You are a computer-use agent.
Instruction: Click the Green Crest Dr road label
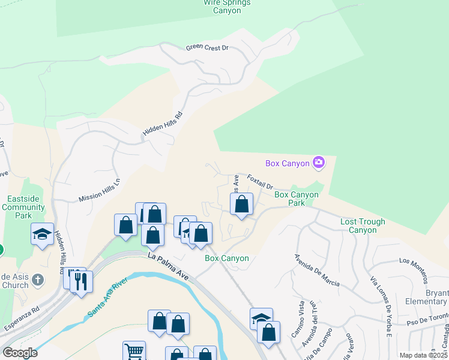tap(207, 47)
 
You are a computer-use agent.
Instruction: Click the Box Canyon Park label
tap(298, 199)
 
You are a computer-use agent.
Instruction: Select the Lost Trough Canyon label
tap(363, 226)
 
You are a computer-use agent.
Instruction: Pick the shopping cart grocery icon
tap(134, 352)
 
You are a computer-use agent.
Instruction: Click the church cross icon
tap(37, 280)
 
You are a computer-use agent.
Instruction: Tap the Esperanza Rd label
tap(21, 320)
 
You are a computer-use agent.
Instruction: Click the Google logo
tap(20, 353)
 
